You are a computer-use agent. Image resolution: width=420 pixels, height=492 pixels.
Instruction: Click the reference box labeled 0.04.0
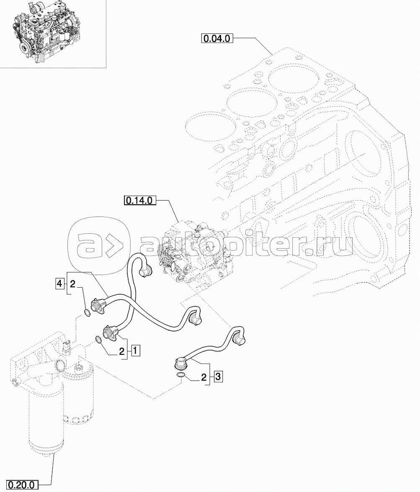click(x=216, y=38)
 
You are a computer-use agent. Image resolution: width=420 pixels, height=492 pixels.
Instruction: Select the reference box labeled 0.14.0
click(x=141, y=200)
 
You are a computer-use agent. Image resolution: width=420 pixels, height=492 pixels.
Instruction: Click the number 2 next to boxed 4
click(x=72, y=284)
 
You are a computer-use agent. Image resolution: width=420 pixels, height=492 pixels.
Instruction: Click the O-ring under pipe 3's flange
click(x=180, y=376)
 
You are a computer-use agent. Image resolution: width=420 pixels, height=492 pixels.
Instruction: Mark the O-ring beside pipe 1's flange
click(x=98, y=339)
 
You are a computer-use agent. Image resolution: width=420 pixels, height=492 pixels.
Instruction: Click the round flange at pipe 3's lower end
click(x=181, y=365)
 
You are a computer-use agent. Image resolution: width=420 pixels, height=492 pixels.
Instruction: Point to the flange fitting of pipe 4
click(x=98, y=305)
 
